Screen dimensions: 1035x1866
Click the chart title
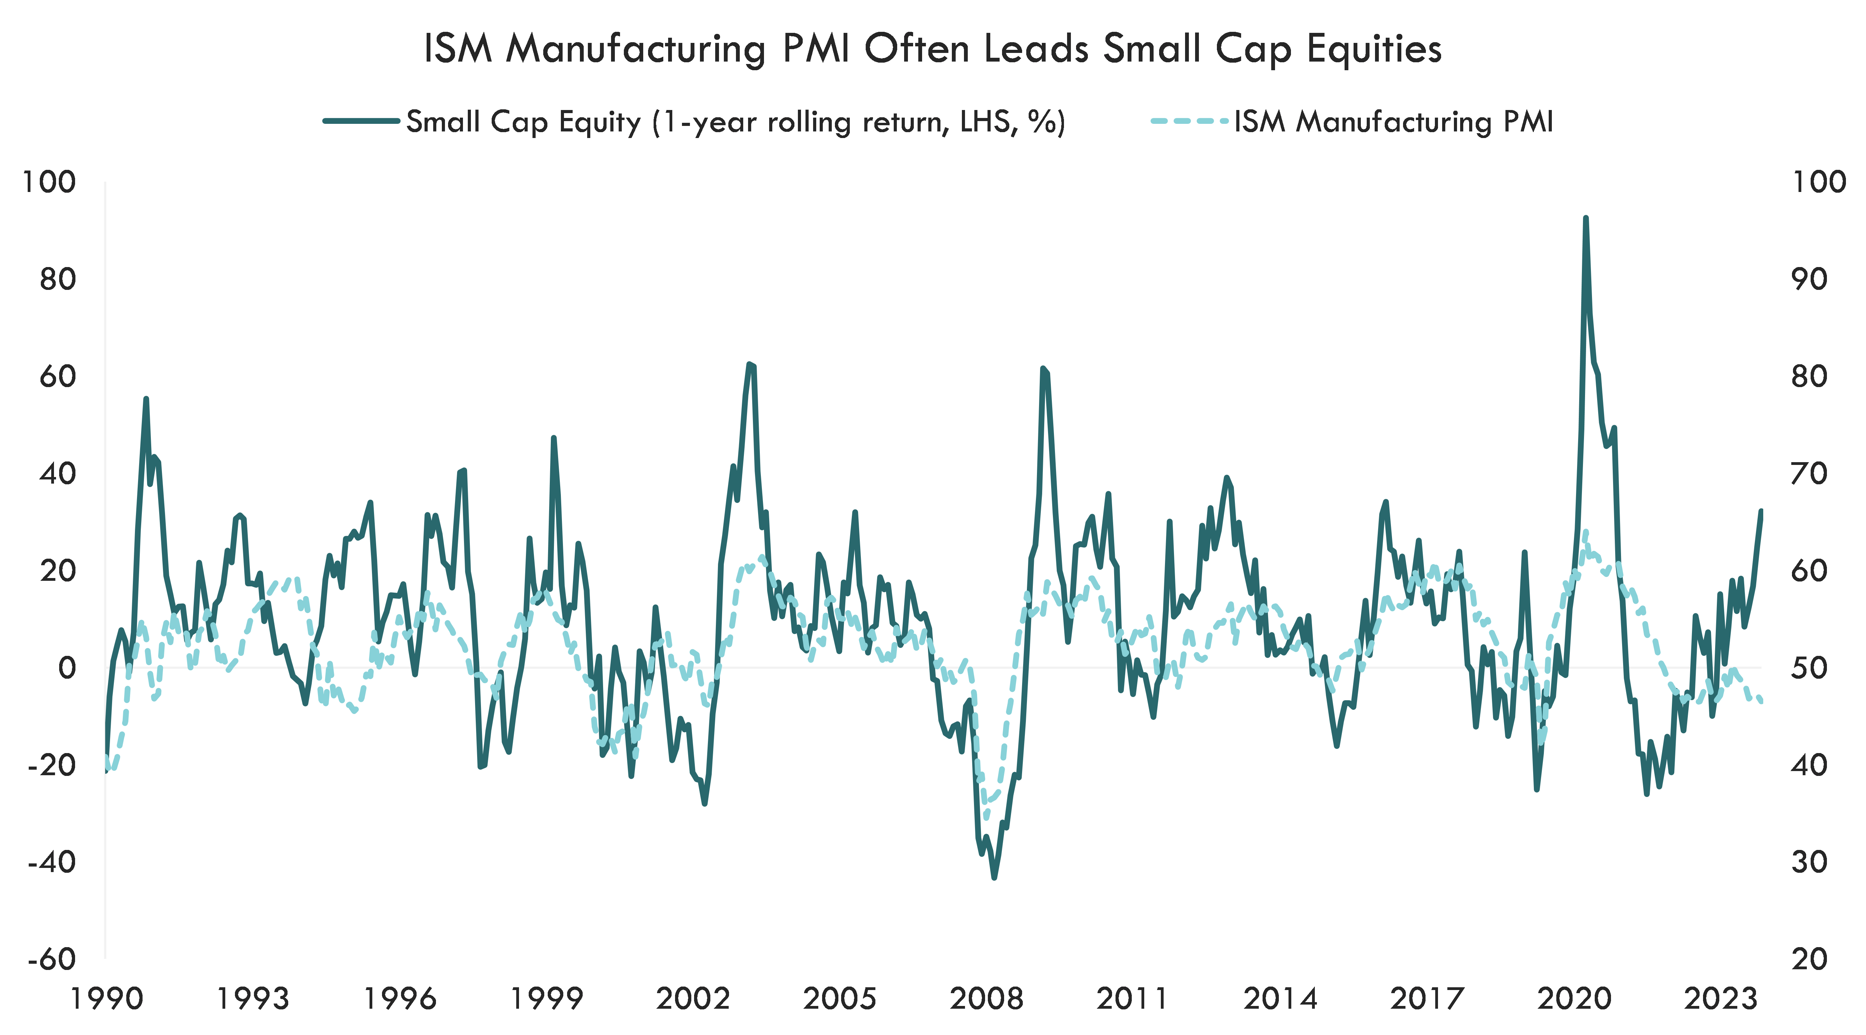932,49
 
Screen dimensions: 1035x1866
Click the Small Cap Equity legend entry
735,122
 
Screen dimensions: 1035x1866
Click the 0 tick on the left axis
67,668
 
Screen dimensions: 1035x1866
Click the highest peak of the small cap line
1586,217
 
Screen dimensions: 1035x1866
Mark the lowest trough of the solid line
994,878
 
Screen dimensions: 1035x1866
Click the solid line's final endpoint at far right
1761,511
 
